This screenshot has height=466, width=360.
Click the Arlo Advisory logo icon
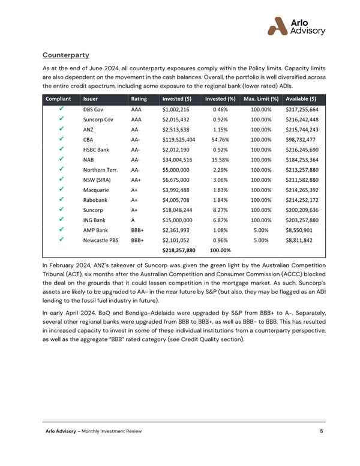coord(277,26)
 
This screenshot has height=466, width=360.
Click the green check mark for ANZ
coord(61,132)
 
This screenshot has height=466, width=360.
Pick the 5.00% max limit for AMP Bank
coord(260,229)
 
